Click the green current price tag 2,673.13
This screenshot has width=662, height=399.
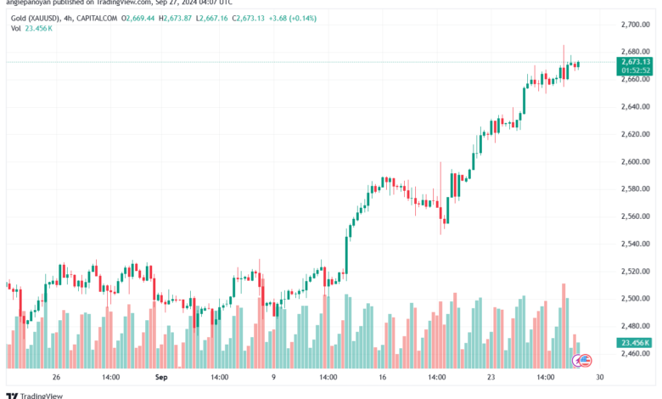tap(635, 61)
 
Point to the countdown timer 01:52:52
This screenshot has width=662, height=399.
tap(635, 70)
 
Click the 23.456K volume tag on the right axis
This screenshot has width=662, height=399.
tap(635, 342)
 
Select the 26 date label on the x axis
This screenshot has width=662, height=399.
tap(56, 376)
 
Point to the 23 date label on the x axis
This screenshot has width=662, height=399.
tap(491, 376)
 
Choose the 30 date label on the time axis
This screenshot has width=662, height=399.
tap(599, 376)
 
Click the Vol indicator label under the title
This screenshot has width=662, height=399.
tap(16, 28)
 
